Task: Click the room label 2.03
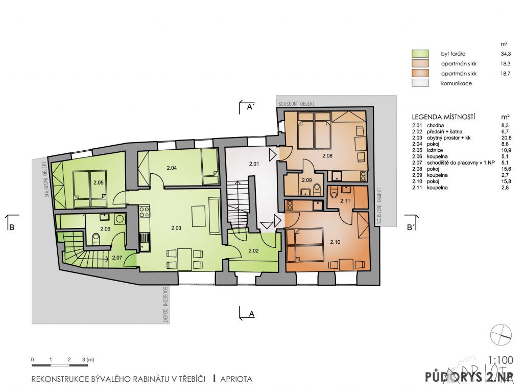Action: click(176, 228)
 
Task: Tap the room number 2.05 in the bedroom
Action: click(99, 182)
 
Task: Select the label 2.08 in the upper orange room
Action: click(327, 155)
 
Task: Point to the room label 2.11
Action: click(345, 201)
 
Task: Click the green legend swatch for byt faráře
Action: click(420, 54)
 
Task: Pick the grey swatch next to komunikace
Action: click(420, 83)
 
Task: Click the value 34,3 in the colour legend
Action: click(505, 54)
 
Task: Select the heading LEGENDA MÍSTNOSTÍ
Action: click(443, 117)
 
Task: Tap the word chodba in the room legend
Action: click(435, 126)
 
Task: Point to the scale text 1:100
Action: click(501, 360)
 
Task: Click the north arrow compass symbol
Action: click(501, 335)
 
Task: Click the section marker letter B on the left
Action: click(12, 228)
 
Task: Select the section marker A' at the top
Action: click(250, 107)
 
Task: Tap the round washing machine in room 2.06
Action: click(119, 219)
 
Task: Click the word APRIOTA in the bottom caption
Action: click(236, 379)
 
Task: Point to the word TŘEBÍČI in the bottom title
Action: click(192, 379)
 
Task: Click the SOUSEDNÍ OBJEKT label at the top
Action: click(296, 104)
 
